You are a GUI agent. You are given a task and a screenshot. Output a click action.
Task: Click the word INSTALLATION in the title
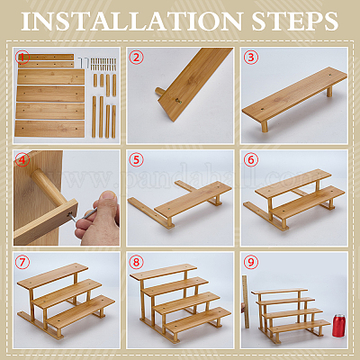131,22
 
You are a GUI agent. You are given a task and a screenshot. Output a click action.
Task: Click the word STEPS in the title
295,22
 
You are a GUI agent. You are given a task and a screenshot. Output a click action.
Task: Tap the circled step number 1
23,58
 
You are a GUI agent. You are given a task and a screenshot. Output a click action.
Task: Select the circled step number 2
137,58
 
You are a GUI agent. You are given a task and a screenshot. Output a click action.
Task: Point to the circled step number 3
251,58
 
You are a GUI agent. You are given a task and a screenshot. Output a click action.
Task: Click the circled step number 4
22,160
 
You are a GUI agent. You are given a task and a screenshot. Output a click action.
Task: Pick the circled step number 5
137,160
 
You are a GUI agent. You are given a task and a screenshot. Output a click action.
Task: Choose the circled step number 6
251,160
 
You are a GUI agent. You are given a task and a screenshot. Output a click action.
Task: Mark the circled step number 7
22,263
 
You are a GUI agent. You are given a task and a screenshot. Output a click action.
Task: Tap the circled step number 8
137,263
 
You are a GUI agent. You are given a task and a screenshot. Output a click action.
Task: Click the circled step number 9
251,263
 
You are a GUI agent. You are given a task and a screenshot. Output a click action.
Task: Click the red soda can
338,326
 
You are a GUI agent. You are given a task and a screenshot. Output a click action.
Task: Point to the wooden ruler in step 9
246,301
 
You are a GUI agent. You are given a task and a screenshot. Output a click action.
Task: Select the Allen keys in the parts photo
84,63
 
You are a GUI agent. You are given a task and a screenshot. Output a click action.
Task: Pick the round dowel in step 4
49,186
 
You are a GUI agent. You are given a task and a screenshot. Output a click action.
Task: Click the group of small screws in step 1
103,64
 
